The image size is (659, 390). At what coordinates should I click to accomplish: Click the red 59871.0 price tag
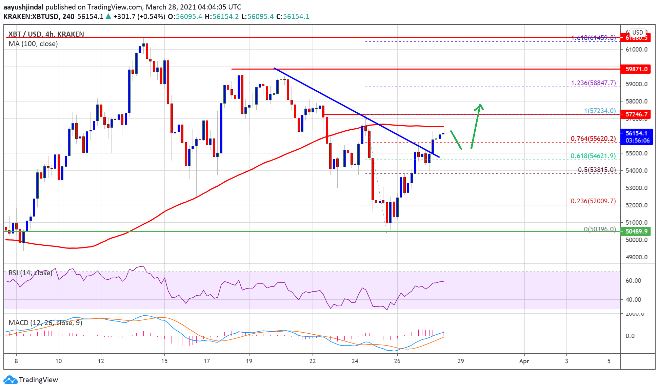pos(636,69)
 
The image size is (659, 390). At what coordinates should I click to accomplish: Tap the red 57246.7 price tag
pos(636,114)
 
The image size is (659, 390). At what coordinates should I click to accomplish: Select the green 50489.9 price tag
pos(636,231)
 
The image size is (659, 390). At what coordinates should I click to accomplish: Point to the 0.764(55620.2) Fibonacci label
pos(593,138)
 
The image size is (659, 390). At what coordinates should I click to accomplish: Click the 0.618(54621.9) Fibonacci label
pos(593,156)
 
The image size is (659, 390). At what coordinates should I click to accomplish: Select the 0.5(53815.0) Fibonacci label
pos(597,170)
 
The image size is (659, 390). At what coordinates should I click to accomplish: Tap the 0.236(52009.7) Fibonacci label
pos(593,201)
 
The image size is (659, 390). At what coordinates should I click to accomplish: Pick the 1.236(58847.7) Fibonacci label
pos(593,83)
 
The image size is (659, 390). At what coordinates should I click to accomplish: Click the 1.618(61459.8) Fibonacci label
pos(593,38)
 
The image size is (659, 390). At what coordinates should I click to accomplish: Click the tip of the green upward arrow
pos(480,105)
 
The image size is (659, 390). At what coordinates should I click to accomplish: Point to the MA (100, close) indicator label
pos(33,44)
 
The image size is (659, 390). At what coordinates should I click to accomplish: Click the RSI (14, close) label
pos(31,273)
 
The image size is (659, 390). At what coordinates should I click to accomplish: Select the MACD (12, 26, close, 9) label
pos(45,323)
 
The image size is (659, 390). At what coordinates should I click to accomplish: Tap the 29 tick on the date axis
pos(460,361)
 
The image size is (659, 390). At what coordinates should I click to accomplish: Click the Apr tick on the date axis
pos(524,361)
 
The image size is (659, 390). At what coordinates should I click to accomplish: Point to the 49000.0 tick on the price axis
pos(636,257)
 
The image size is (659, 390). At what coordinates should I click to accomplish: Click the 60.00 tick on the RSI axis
pos(633,281)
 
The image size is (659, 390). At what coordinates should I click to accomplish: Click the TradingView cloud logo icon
pos(10,380)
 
